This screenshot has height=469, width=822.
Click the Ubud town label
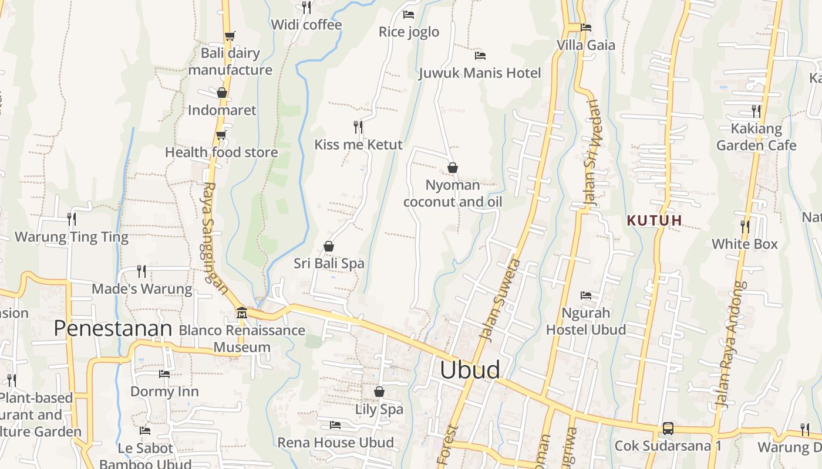pyautogui.click(x=470, y=370)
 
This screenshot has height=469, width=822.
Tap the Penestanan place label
pyautogui.click(x=113, y=329)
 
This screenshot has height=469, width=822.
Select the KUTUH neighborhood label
pyautogui.click(x=655, y=221)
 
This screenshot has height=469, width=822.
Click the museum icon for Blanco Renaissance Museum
pyautogui.click(x=241, y=312)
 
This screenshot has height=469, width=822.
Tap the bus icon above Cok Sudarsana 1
pyautogui.click(x=668, y=428)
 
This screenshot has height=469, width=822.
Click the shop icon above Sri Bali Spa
pyautogui.click(x=329, y=246)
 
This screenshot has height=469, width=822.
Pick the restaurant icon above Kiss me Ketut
pyautogui.click(x=358, y=127)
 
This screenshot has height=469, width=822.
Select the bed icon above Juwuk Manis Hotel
pyautogui.click(x=480, y=56)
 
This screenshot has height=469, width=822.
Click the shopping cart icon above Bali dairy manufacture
pyautogui.click(x=230, y=36)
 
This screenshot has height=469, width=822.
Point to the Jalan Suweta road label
pyautogui.click(x=500, y=300)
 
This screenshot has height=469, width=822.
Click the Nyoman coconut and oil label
pyautogui.click(x=453, y=193)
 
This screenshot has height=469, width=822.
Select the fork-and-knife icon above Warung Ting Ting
pyautogui.click(x=72, y=219)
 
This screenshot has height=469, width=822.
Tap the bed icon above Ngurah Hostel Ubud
pyautogui.click(x=585, y=295)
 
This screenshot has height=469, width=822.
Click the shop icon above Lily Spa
pyautogui.click(x=379, y=392)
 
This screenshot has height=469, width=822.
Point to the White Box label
pyautogui.click(x=744, y=244)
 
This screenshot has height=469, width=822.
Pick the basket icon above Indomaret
pyautogui.click(x=222, y=93)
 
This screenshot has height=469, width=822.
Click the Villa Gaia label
pyautogui.click(x=586, y=45)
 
